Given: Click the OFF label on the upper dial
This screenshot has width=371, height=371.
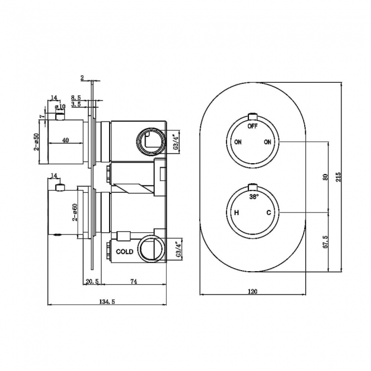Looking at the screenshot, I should [252, 126].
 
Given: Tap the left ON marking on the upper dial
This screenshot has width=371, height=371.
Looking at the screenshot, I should [237, 142].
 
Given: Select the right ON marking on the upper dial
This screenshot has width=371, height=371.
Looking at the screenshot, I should [267, 142].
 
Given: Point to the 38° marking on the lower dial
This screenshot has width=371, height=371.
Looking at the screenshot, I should [253, 197].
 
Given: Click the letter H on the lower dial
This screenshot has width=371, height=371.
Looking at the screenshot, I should [235, 213].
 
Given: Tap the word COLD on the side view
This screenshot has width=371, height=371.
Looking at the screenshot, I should [124, 251].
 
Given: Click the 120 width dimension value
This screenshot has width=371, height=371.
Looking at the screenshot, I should [252, 291].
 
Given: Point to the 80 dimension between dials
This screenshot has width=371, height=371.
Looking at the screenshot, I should [325, 178].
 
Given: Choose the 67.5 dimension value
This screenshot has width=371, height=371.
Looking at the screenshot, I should [325, 242].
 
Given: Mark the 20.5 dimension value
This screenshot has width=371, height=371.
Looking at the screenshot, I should [92, 281].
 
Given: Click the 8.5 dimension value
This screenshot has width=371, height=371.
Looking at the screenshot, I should [75, 98].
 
